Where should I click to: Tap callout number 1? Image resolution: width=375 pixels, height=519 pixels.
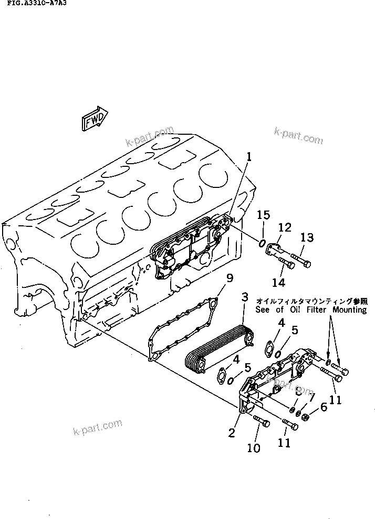(249, 156)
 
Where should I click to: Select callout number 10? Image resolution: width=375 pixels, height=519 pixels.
(254, 448)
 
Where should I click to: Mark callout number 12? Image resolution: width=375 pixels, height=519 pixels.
(284, 227)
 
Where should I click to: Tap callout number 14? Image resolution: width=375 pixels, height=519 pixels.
(278, 283)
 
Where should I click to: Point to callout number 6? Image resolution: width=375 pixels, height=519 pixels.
(324, 407)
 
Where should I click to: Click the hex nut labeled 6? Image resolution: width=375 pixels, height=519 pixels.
(305, 417)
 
